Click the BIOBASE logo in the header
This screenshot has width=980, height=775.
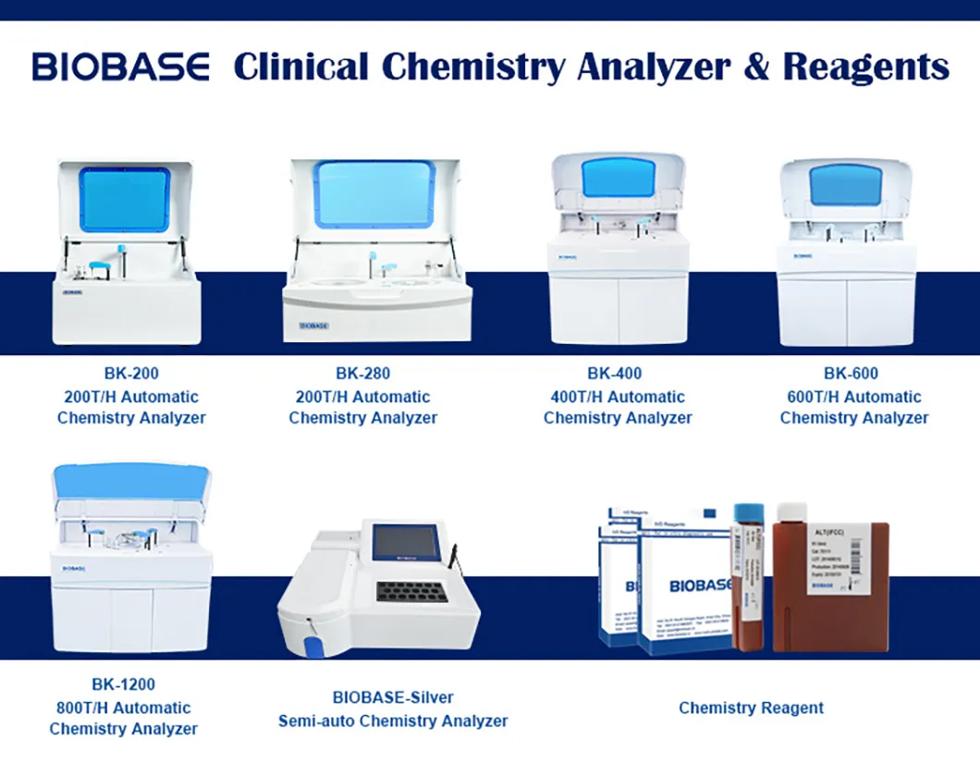click(120, 68)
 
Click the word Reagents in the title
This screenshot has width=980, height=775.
click(865, 68)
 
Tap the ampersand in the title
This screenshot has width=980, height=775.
click(754, 68)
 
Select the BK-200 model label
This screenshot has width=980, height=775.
click(131, 375)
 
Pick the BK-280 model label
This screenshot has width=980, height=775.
click(362, 375)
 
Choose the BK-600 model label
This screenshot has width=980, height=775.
click(851, 375)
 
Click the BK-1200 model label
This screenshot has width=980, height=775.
click(123, 685)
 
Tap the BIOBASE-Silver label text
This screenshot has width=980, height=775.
click(393, 697)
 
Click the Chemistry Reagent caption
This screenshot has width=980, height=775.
click(751, 708)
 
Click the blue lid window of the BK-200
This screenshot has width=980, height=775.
click(126, 199)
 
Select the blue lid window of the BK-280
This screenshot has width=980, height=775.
click(374, 193)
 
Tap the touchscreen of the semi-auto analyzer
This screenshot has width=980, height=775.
click(405, 541)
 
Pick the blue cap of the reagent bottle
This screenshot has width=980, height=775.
click(748, 511)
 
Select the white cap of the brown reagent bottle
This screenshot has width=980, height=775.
click(791, 511)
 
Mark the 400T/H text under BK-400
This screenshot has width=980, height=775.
click(579, 397)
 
